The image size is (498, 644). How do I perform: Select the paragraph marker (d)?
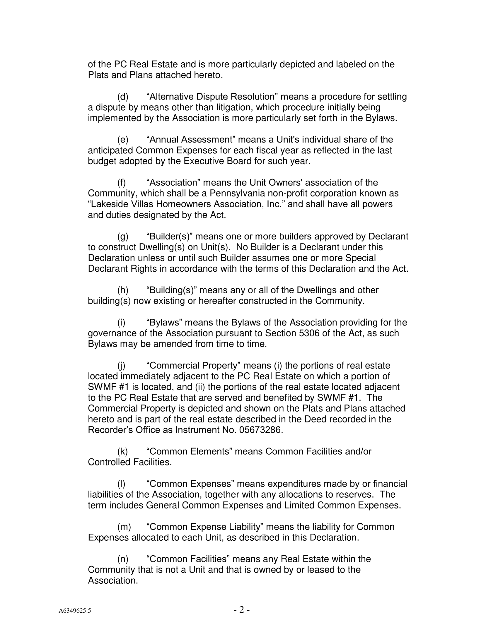pos(123,97)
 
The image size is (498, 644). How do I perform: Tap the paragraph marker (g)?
pos(123,237)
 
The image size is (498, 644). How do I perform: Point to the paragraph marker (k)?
pos(123,451)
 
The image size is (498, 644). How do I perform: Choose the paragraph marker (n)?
pos(123,559)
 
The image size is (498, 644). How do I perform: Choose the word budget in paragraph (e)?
pos(102,161)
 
